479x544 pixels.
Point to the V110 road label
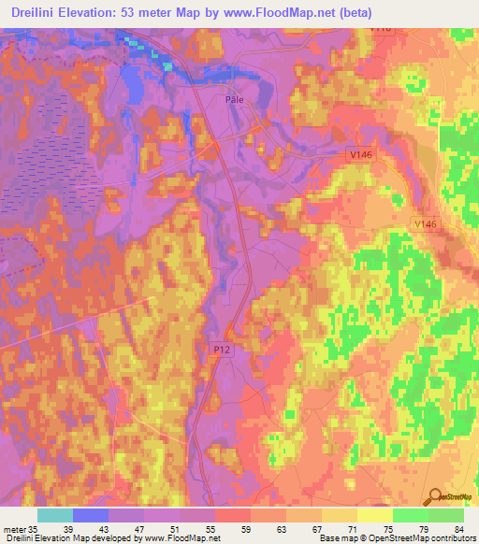380,30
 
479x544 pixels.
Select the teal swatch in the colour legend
54,515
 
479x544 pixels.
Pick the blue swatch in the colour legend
90,515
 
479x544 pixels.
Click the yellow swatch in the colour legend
374,515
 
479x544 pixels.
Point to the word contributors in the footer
451,538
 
